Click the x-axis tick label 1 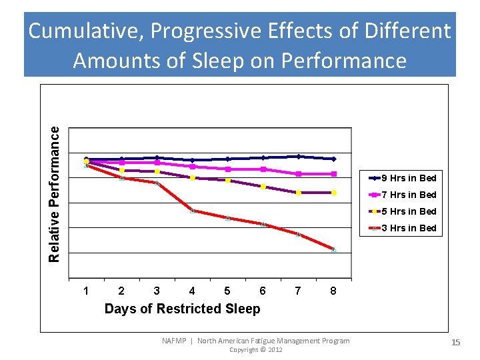tap(86, 291)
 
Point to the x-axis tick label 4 tap(192, 291)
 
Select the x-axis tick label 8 tap(333, 291)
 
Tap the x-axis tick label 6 tap(263, 291)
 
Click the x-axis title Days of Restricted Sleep tap(182, 309)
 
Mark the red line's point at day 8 tap(334, 249)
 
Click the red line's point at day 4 tap(193, 211)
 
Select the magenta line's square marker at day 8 tap(334, 174)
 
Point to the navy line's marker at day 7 tap(299, 156)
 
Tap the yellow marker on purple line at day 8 tap(334, 193)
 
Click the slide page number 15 tap(456, 342)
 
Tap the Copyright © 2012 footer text tap(255, 350)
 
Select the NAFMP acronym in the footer tap(175, 341)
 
